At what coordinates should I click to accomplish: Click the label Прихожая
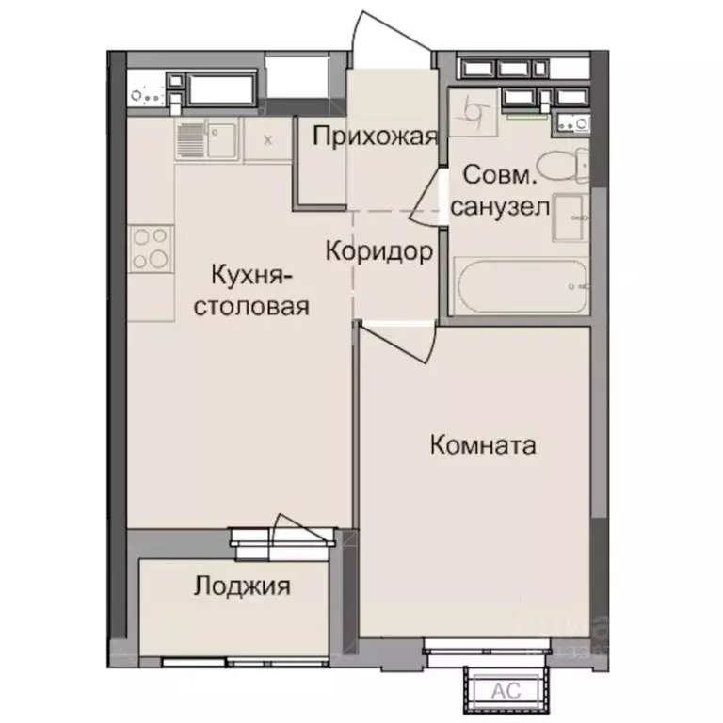click(x=376, y=137)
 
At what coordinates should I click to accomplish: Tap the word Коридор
click(x=379, y=251)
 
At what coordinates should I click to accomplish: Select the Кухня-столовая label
click(x=251, y=291)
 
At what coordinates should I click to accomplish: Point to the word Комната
click(x=482, y=444)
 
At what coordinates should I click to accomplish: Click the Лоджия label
click(x=242, y=587)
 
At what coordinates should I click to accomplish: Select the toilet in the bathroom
click(x=566, y=165)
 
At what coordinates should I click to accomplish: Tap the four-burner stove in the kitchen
click(x=151, y=249)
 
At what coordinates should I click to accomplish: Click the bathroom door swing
click(x=429, y=198)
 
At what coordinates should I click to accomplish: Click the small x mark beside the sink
click(x=268, y=139)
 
